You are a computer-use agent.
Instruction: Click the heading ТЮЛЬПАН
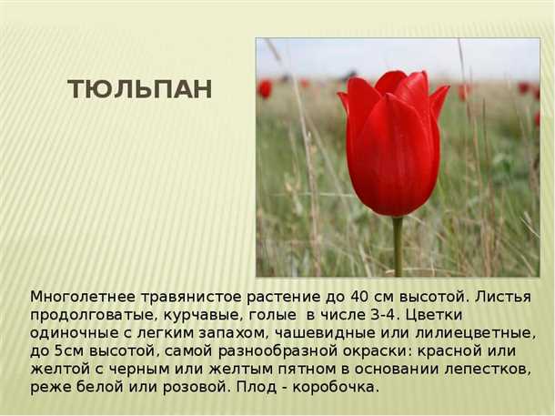(140, 89)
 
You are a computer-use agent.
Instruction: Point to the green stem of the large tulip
(398, 246)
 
